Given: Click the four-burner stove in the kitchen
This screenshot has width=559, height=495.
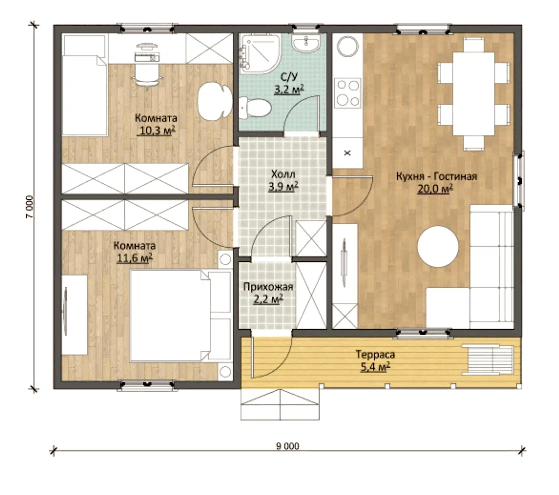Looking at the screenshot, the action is click(348, 93).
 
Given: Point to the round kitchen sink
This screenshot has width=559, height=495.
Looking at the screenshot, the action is click(348, 46).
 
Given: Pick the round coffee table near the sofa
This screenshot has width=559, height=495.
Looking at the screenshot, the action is click(438, 246).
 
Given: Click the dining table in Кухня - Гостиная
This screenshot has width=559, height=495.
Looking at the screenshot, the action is click(474, 94).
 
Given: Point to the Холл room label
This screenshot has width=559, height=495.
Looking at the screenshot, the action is click(283, 174).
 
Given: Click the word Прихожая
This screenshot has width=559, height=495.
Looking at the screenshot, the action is click(268, 287).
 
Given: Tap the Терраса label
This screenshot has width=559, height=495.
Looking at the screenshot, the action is click(375, 354).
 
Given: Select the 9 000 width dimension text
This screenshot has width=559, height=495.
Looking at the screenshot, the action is click(287, 446).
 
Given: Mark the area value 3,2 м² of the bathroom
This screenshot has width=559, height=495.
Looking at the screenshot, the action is click(289, 89).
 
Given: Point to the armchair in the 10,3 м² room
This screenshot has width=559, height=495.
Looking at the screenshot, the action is click(215, 102).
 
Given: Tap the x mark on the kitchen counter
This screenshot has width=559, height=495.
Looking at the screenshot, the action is click(347, 153).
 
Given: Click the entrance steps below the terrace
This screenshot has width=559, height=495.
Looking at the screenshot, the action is click(280, 405).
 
